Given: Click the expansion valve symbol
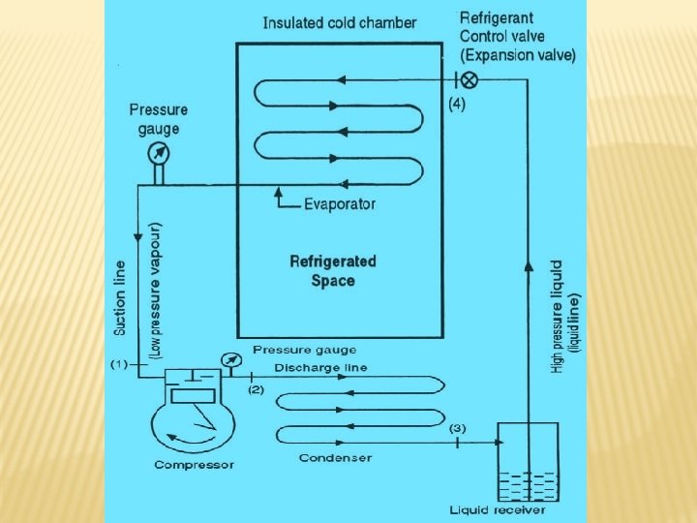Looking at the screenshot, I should coord(469,79).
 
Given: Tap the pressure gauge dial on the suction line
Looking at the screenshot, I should coord(157,154).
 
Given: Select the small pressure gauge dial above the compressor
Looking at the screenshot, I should coord(230,360).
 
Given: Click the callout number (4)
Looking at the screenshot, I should coord(456,105).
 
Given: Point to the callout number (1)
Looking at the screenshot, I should coord(119,364).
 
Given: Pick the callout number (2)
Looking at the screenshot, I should coord(256,389).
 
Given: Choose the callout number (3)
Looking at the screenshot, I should coord(457,427).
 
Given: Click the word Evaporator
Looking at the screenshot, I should coord(340,204).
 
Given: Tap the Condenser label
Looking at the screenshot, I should coord(335,457).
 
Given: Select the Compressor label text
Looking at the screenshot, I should coord(194,465).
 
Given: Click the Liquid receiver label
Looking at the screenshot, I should coord(498,509).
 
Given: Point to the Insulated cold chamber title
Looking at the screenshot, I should coord(340,22).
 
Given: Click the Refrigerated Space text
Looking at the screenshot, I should coord(333,271).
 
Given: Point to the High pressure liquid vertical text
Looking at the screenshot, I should coord(559,316).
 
